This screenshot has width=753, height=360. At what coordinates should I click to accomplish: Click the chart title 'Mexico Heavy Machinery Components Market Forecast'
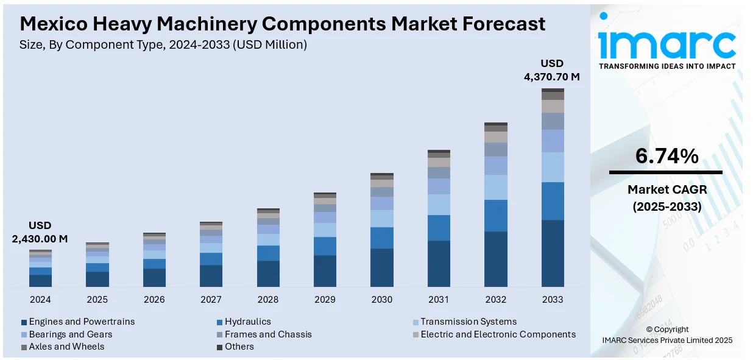coord(283,24)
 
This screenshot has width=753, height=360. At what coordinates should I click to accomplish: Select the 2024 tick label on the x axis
coord(40,300)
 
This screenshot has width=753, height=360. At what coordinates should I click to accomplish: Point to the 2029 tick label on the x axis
coord(325,300)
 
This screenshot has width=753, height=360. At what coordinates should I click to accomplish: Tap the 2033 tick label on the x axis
coord(553,300)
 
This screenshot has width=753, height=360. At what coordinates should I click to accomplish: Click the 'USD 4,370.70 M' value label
coord(552,70)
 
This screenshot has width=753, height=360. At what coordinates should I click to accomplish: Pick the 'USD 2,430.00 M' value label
coord(40,232)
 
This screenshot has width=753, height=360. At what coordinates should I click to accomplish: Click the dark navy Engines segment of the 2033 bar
coord(553,253)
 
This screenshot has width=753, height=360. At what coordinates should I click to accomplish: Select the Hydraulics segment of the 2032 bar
coord(496,216)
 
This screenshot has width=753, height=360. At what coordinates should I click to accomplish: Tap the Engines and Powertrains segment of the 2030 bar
coord(382,267)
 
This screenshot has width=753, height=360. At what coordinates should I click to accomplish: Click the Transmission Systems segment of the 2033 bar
coord(553,167)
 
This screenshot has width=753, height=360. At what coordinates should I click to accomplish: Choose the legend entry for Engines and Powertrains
coord(78,322)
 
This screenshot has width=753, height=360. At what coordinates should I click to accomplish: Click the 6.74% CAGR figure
coord(666,157)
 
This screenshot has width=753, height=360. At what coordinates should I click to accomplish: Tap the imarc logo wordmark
coord(666,43)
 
